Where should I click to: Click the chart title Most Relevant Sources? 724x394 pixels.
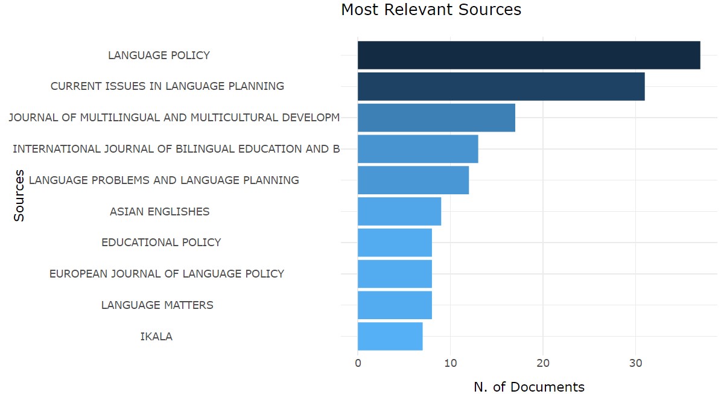[431, 10]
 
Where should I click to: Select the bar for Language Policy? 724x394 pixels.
[529, 55]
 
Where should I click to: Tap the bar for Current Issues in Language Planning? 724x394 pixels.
[501, 86]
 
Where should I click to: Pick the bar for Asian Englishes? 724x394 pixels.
[399, 211]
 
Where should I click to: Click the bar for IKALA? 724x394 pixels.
[390, 336]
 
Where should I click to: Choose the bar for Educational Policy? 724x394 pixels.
[395, 243]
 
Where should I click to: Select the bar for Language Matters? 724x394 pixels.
[395, 305]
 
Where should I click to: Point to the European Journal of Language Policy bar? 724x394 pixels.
[395, 274]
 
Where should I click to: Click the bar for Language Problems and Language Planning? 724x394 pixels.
[413, 180]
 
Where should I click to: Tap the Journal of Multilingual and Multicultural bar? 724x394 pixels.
[436, 118]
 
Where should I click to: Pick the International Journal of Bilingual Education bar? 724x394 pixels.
[418, 148]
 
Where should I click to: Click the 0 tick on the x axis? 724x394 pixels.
[358, 363]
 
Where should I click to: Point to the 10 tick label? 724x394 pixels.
[450, 363]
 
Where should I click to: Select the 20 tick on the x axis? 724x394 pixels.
[543, 363]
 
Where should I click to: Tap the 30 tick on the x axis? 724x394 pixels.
[635, 363]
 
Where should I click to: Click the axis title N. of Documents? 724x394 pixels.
[529, 387]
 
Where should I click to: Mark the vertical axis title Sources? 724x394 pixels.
[19, 195]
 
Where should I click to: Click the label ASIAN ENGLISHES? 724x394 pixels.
[159, 212]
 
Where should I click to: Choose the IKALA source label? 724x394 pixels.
[156, 337]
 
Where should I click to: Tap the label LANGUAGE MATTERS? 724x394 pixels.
[157, 305]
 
